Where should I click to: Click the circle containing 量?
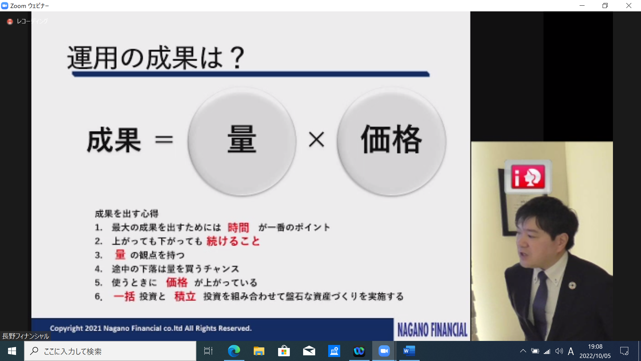[x=242, y=141]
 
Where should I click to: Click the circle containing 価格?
[x=391, y=141]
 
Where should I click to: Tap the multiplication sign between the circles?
[x=316, y=139]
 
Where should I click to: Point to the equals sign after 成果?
[x=164, y=139]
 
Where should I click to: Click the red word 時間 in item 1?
[x=238, y=228]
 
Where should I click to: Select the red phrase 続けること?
[x=233, y=241]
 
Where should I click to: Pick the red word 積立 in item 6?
[x=185, y=296]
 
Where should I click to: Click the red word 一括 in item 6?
[x=124, y=296]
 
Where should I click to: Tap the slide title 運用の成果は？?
[x=156, y=58]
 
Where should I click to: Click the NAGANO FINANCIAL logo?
[x=432, y=330]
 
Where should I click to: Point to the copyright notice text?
[x=151, y=328]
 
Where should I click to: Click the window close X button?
[x=629, y=6]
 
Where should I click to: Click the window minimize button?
[x=582, y=6]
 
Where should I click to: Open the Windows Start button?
[x=12, y=351]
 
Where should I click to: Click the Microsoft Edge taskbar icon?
[x=234, y=351]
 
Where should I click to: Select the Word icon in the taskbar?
[x=409, y=351]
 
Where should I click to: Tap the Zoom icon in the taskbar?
[x=384, y=351]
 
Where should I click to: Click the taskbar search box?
[x=110, y=351]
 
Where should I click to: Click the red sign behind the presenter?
[x=528, y=176]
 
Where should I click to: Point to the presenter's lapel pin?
[x=572, y=285]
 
